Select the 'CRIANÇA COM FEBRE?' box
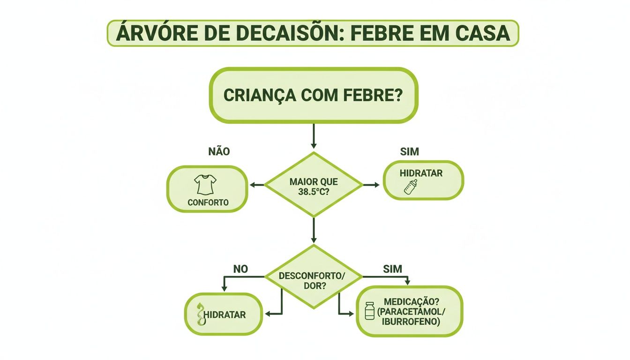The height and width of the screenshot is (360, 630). pyautogui.click(x=313, y=95)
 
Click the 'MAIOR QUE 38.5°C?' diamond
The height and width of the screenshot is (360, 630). pyautogui.click(x=313, y=185)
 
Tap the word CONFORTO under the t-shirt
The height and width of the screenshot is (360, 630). pyautogui.click(x=208, y=203)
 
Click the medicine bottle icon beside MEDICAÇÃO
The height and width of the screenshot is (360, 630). pyautogui.click(x=370, y=311)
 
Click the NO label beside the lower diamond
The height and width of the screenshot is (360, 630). pyautogui.click(x=240, y=269)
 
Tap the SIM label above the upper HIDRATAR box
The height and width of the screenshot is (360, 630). pyautogui.click(x=409, y=151)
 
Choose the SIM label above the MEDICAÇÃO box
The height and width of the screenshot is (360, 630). pyautogui.click(x=392, y=269)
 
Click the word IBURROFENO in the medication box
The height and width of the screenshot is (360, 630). pyautogui.click(x=411, y=322)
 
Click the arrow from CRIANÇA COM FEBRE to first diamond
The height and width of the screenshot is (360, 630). pyautogui.click(x=313, y=137)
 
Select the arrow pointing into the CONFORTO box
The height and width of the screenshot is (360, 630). pyautogui.click(x=256, y=185)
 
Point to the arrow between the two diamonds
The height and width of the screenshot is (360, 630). pyautogui.click(x=313, y=231)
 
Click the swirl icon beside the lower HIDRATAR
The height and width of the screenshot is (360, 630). pyautogui.click(x=200, y=315)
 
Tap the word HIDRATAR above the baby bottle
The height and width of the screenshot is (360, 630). pyautogui.click(x=421, y=173)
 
